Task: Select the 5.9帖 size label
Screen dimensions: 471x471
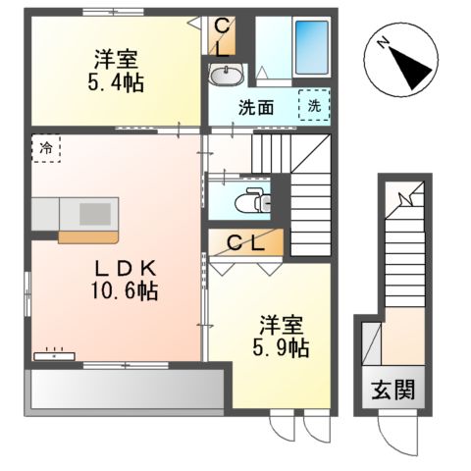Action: pos(285,347)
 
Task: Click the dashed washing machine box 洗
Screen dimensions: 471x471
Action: pos(314,105)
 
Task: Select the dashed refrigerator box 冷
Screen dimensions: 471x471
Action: pos(45,148)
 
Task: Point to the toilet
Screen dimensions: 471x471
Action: pos(253,200)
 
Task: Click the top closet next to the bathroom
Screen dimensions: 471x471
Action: pos(220,36)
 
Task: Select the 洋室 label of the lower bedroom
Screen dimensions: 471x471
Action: pos(283,324)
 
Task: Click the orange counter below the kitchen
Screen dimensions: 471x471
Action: pos(87,235)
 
